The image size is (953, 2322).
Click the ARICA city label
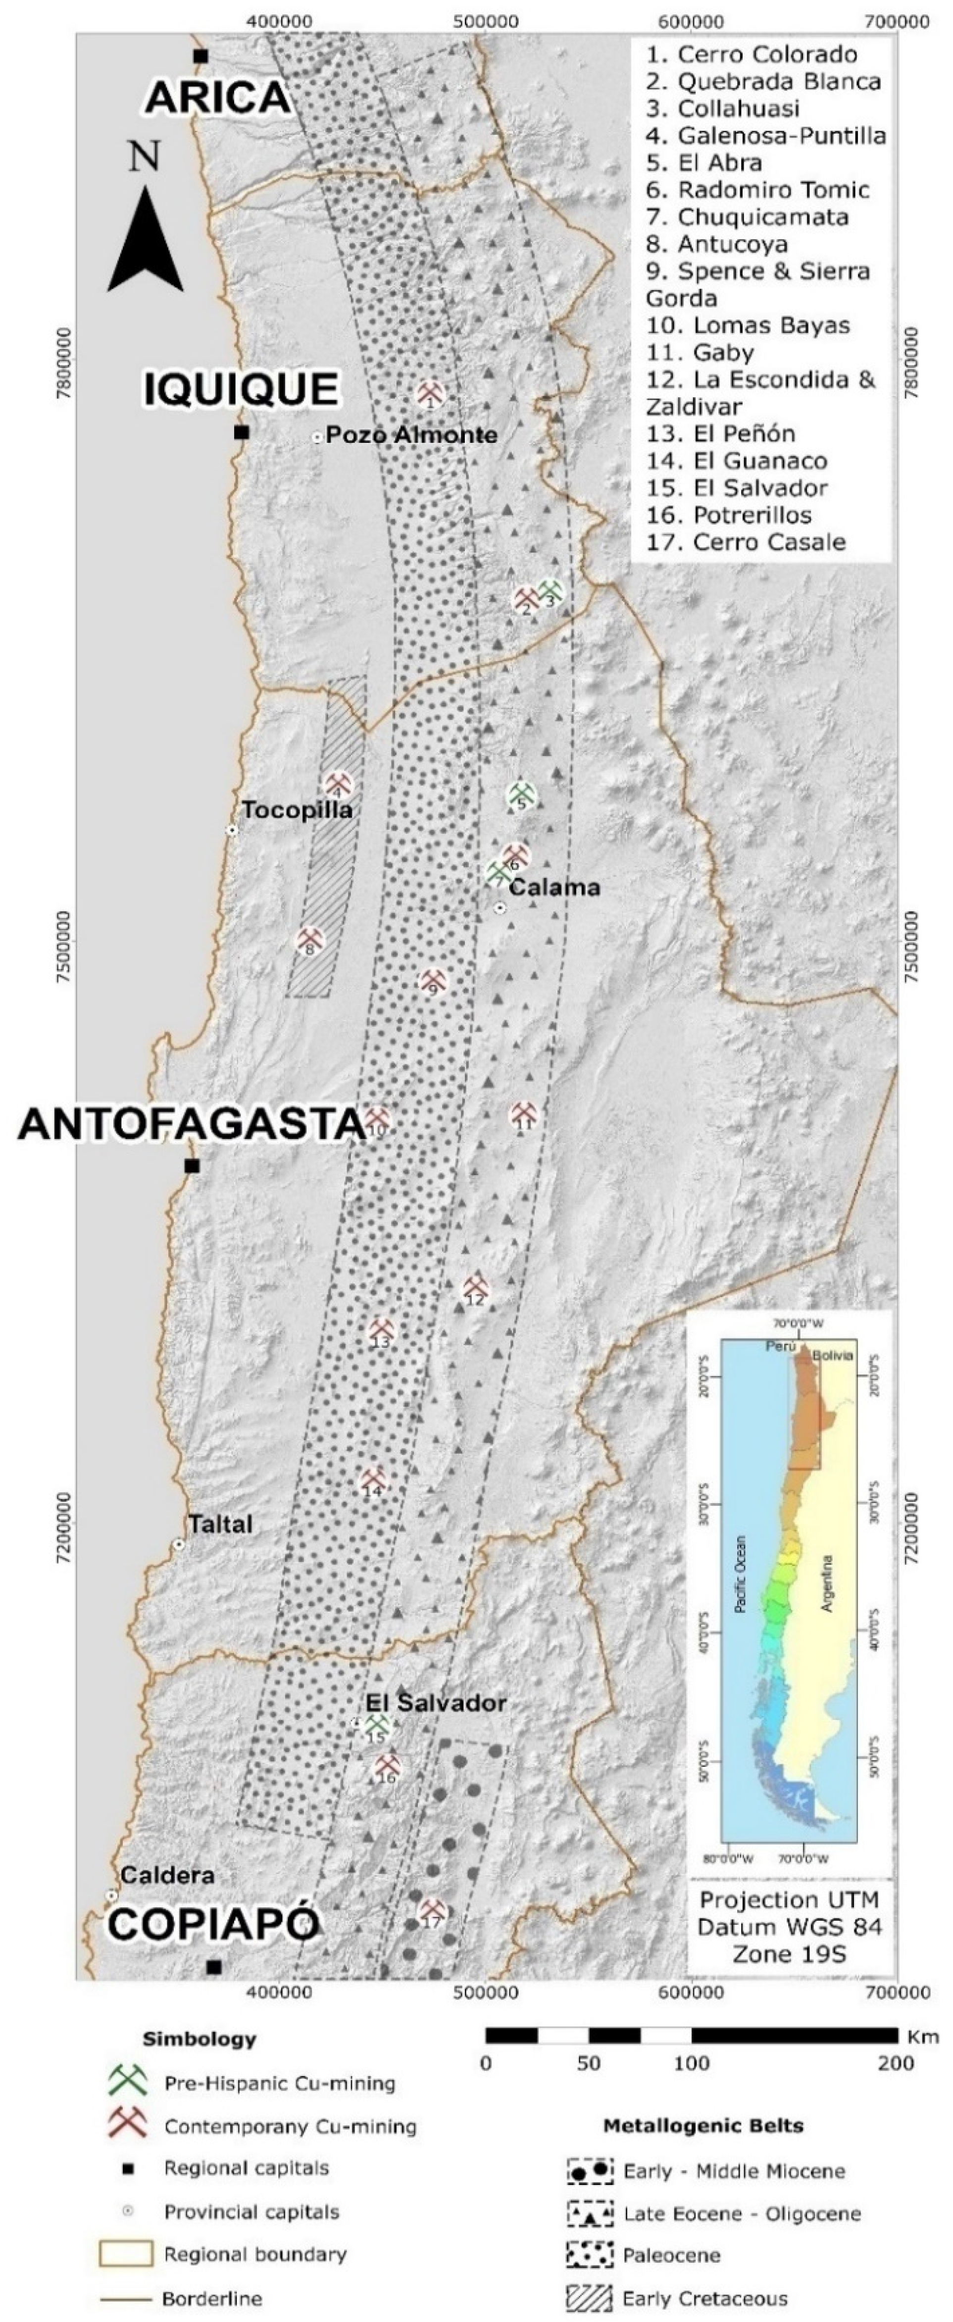218,97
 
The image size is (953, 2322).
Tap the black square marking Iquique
241,432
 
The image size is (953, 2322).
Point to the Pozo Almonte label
411,435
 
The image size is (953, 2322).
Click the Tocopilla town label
297,809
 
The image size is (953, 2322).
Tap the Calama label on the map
554,888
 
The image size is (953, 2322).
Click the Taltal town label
220,1524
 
